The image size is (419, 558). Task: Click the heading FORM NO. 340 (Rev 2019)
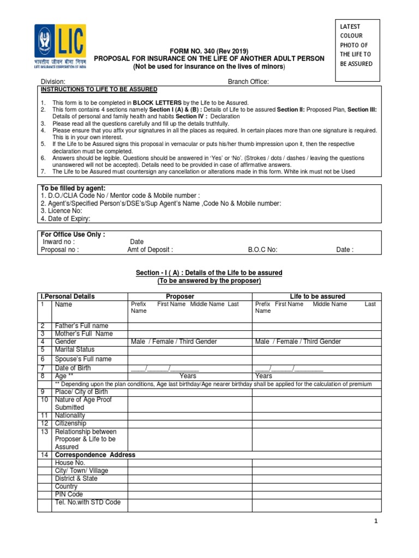tap(209, 50)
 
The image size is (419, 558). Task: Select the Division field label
tap(53, 82)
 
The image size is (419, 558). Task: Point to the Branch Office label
tap(248, 82)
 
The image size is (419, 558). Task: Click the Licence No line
tap(62, 211)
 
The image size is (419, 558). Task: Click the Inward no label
tap(58, 242)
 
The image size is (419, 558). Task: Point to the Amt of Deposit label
tap(150, 250)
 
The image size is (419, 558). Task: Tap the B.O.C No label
tap(263, 250)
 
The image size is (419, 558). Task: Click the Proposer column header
tap(180, 296)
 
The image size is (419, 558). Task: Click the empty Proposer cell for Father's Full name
tap(189, 326)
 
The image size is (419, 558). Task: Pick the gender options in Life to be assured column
tap(298, 342)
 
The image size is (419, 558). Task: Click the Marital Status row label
tap(74, 349)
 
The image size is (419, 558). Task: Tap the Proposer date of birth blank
tap(165, 368)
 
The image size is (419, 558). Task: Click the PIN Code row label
tap(69, 494)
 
